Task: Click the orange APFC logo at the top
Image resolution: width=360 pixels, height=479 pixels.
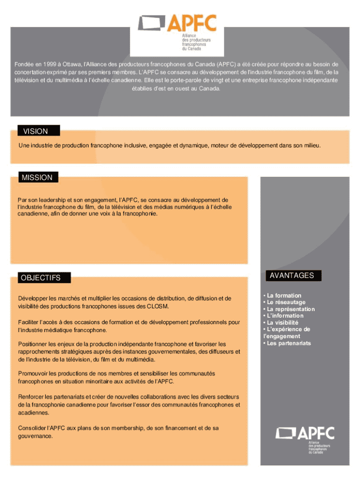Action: tap(178, 32)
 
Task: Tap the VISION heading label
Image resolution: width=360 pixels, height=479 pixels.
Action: tap(36, 131)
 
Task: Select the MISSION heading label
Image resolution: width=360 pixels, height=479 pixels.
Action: tap(37, 178)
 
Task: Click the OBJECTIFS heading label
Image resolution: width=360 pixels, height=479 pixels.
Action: tap(41, 278)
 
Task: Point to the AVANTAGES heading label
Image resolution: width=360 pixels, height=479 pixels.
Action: tap(292, 276)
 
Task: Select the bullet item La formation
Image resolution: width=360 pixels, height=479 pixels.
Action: tap(284, 296)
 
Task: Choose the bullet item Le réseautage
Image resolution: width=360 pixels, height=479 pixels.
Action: tap(286, 302)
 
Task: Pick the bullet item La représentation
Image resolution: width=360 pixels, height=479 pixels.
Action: tap(291, 309)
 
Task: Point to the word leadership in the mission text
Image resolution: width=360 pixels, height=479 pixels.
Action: tap(45, 200)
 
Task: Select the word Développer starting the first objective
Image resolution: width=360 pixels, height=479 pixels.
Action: tap(33, 298)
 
